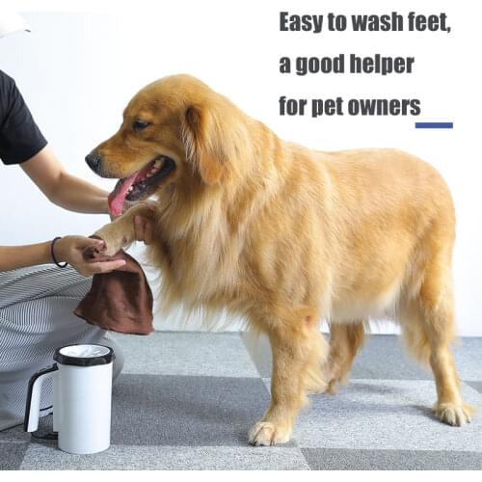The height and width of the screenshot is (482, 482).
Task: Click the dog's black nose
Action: coord(94,161)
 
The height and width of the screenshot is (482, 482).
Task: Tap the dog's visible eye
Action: coord(142,124)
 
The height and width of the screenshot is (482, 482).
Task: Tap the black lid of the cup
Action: coord(83,356)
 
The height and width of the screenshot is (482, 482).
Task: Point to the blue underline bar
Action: coord(434,124)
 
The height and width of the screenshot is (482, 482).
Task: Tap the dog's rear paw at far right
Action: coord(453,414)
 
